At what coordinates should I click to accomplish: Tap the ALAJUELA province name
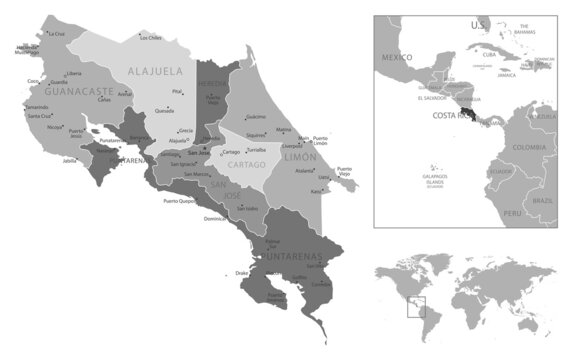click(x=155, y=71)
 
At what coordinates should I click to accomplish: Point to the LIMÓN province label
click(x=301, y=157)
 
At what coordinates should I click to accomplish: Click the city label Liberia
click(x=73, y=74)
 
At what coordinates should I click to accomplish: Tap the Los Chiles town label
click(x=150, y=38)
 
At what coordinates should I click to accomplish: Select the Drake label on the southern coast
click(x=241, y=272)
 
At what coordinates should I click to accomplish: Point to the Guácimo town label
click(x=255, y=117)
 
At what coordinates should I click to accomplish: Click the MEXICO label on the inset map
click(x=397, y=58)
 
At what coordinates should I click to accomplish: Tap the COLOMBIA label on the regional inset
click(x=528, y=148)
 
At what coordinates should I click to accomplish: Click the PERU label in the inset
click(x=515, y=214)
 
